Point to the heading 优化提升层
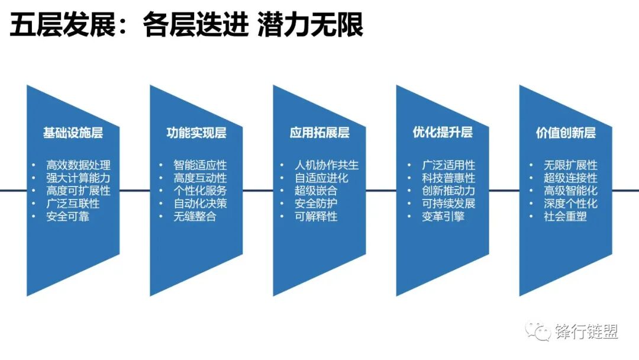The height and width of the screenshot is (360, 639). [x=443, y=132]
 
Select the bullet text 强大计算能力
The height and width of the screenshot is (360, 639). [x=78, y=178]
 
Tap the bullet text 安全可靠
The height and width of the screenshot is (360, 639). [x=67, y=217]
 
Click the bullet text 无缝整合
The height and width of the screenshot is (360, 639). [x=195, y=217]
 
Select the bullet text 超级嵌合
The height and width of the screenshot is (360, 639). [x=316, y=191]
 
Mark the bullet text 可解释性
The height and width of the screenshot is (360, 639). [x=316, y=217]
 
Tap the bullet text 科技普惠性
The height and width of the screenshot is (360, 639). [x=448, y=178]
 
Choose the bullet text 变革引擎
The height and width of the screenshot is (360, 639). [x=443, y=217]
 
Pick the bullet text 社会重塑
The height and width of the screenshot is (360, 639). [x=565, y=217]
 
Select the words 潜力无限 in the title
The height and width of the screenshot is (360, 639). [x=310, y=25]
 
